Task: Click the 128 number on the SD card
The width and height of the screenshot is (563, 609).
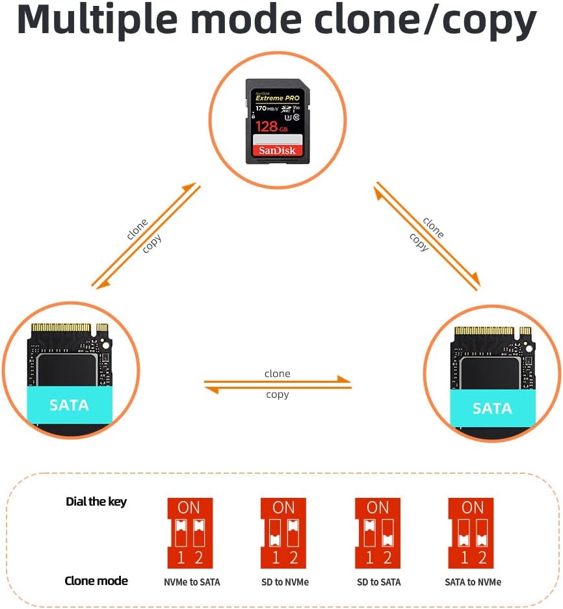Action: (x=267, y=125)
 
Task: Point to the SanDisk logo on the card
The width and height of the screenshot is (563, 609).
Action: (x=277, y=150)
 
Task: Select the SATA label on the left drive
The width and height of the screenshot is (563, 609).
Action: (x=69, y=405)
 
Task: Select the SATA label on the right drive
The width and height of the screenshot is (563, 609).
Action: (x=491, y=408)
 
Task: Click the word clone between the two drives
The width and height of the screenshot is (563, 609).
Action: (x=278, y=374)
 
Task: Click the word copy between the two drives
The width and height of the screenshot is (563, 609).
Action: (x=278, y=395)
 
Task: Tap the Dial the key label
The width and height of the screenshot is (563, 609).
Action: (x=96, y=501)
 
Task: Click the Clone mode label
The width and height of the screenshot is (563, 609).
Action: (x=96, y=580)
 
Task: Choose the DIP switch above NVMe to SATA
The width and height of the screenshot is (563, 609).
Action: (x=190, y=533)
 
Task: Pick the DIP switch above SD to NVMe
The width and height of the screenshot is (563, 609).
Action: (x=283, y=533)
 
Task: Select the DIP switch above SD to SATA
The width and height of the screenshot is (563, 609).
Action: (x=378, y=533)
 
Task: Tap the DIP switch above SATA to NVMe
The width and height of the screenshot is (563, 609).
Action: (x=472, y=533)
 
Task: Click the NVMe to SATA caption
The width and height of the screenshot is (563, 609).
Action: (x=192, y=582)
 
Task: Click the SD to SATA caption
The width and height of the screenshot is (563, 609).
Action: (x=379, y=582)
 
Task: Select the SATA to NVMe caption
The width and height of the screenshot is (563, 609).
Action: (x=473, y=582)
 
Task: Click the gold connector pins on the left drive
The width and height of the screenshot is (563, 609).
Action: (x=62, y=327)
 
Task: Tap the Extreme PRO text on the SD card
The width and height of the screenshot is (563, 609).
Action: (x=278, y=97)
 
